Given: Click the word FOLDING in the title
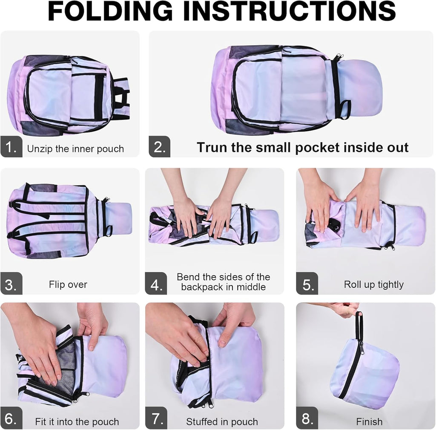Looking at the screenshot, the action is coord(110,11).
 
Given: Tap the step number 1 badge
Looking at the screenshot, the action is coord(11,146).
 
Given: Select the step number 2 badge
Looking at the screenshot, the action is coord(160,146).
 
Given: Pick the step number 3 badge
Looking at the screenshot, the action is coord(11,284).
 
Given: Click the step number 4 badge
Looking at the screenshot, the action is coord(156,284).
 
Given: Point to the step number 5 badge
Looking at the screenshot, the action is coord(307,284).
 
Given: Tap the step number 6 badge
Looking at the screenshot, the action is coord(11,418).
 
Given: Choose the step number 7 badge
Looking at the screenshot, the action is coord(156,418).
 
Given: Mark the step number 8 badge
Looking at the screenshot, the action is coord(307,418).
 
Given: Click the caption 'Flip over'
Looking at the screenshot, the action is coord(68,285).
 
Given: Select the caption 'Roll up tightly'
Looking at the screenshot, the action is coord(374,285).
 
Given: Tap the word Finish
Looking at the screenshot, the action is coord(369,421).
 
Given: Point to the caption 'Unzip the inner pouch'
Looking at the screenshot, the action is coord(75,149).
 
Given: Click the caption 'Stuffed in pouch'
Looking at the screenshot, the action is coord(222,422).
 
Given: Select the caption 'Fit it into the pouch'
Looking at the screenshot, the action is coord(77,422).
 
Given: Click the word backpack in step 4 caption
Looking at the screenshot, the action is coord(203,287).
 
